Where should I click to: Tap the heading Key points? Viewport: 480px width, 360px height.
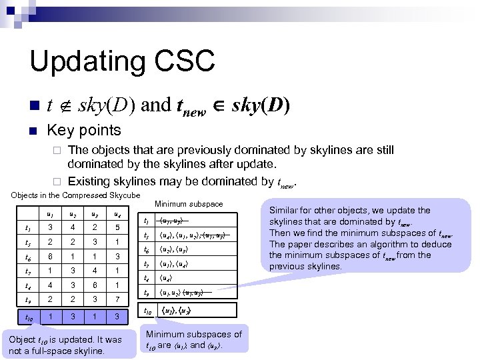83,130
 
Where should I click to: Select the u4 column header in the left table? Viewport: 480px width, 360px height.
116,214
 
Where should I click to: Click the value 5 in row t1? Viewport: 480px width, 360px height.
116,227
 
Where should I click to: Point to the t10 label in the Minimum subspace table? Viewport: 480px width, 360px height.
147,310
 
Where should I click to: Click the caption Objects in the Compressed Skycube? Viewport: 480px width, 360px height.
74,195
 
